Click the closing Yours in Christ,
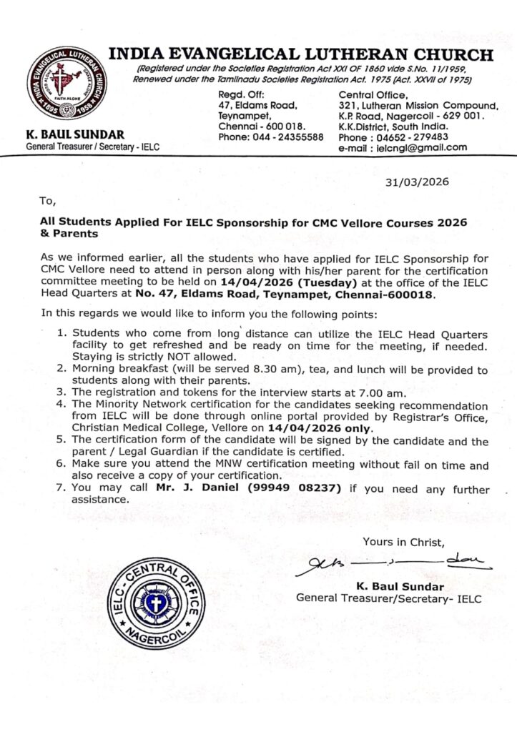click(x=403, y=541)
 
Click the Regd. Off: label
click(x=241, y=94)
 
